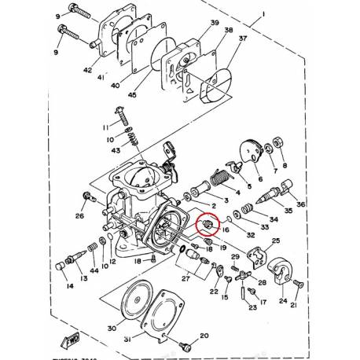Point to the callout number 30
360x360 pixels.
[x=111, y=328]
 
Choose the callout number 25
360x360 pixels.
[x=275, y=241]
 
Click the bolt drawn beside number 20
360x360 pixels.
[x=186, y=344]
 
